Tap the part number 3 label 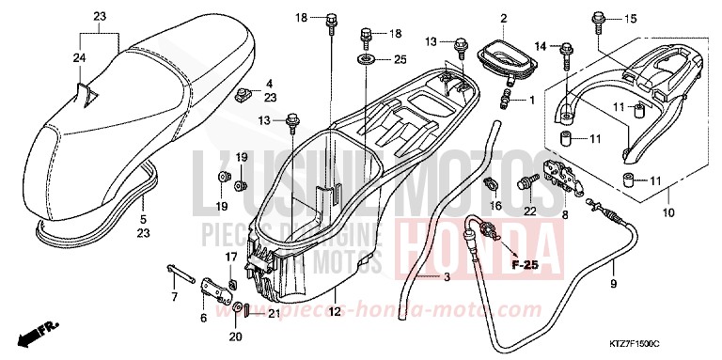coord(447,277)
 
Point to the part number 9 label coord(613,283)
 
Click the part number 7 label coord(174,271)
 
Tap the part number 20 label coord(235,337)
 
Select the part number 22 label coord(528,211)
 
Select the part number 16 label coord(494,205)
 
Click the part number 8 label coord(564,214)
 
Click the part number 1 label coord(530,101)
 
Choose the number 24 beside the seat coord(80,58)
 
